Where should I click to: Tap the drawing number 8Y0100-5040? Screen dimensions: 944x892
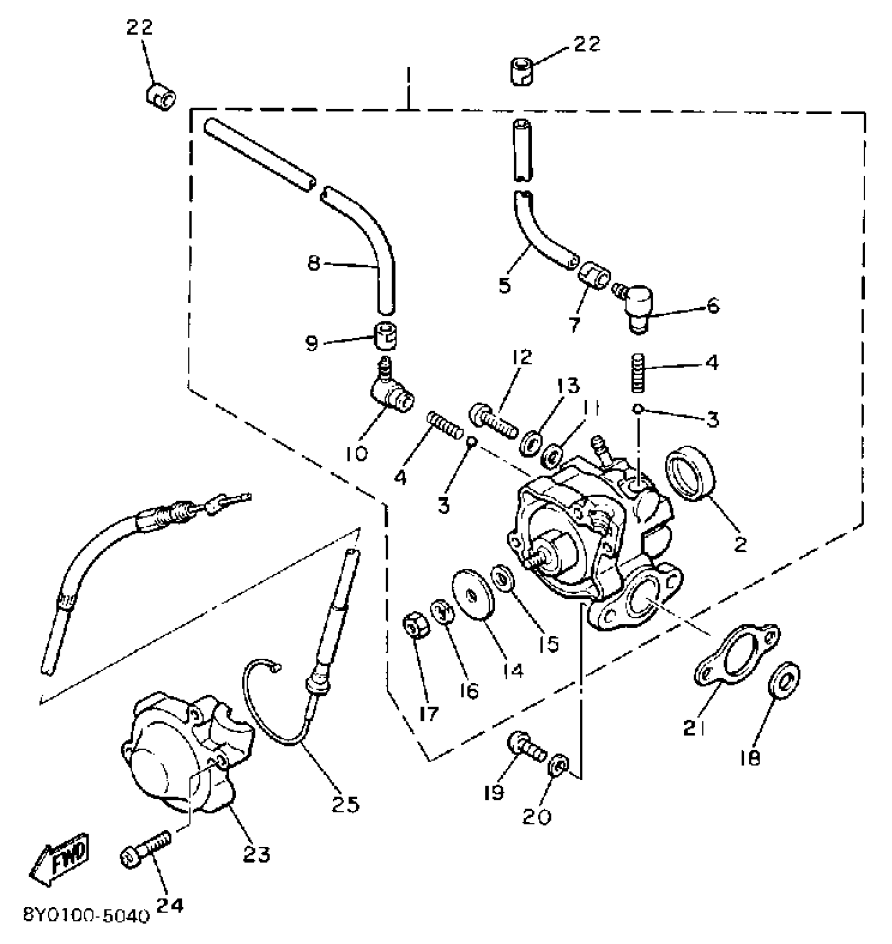coord(87,915)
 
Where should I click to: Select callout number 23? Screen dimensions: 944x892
coord(257,854)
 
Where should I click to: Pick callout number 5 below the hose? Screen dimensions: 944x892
coord(505,286)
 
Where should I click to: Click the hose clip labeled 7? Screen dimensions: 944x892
coord(593,274)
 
